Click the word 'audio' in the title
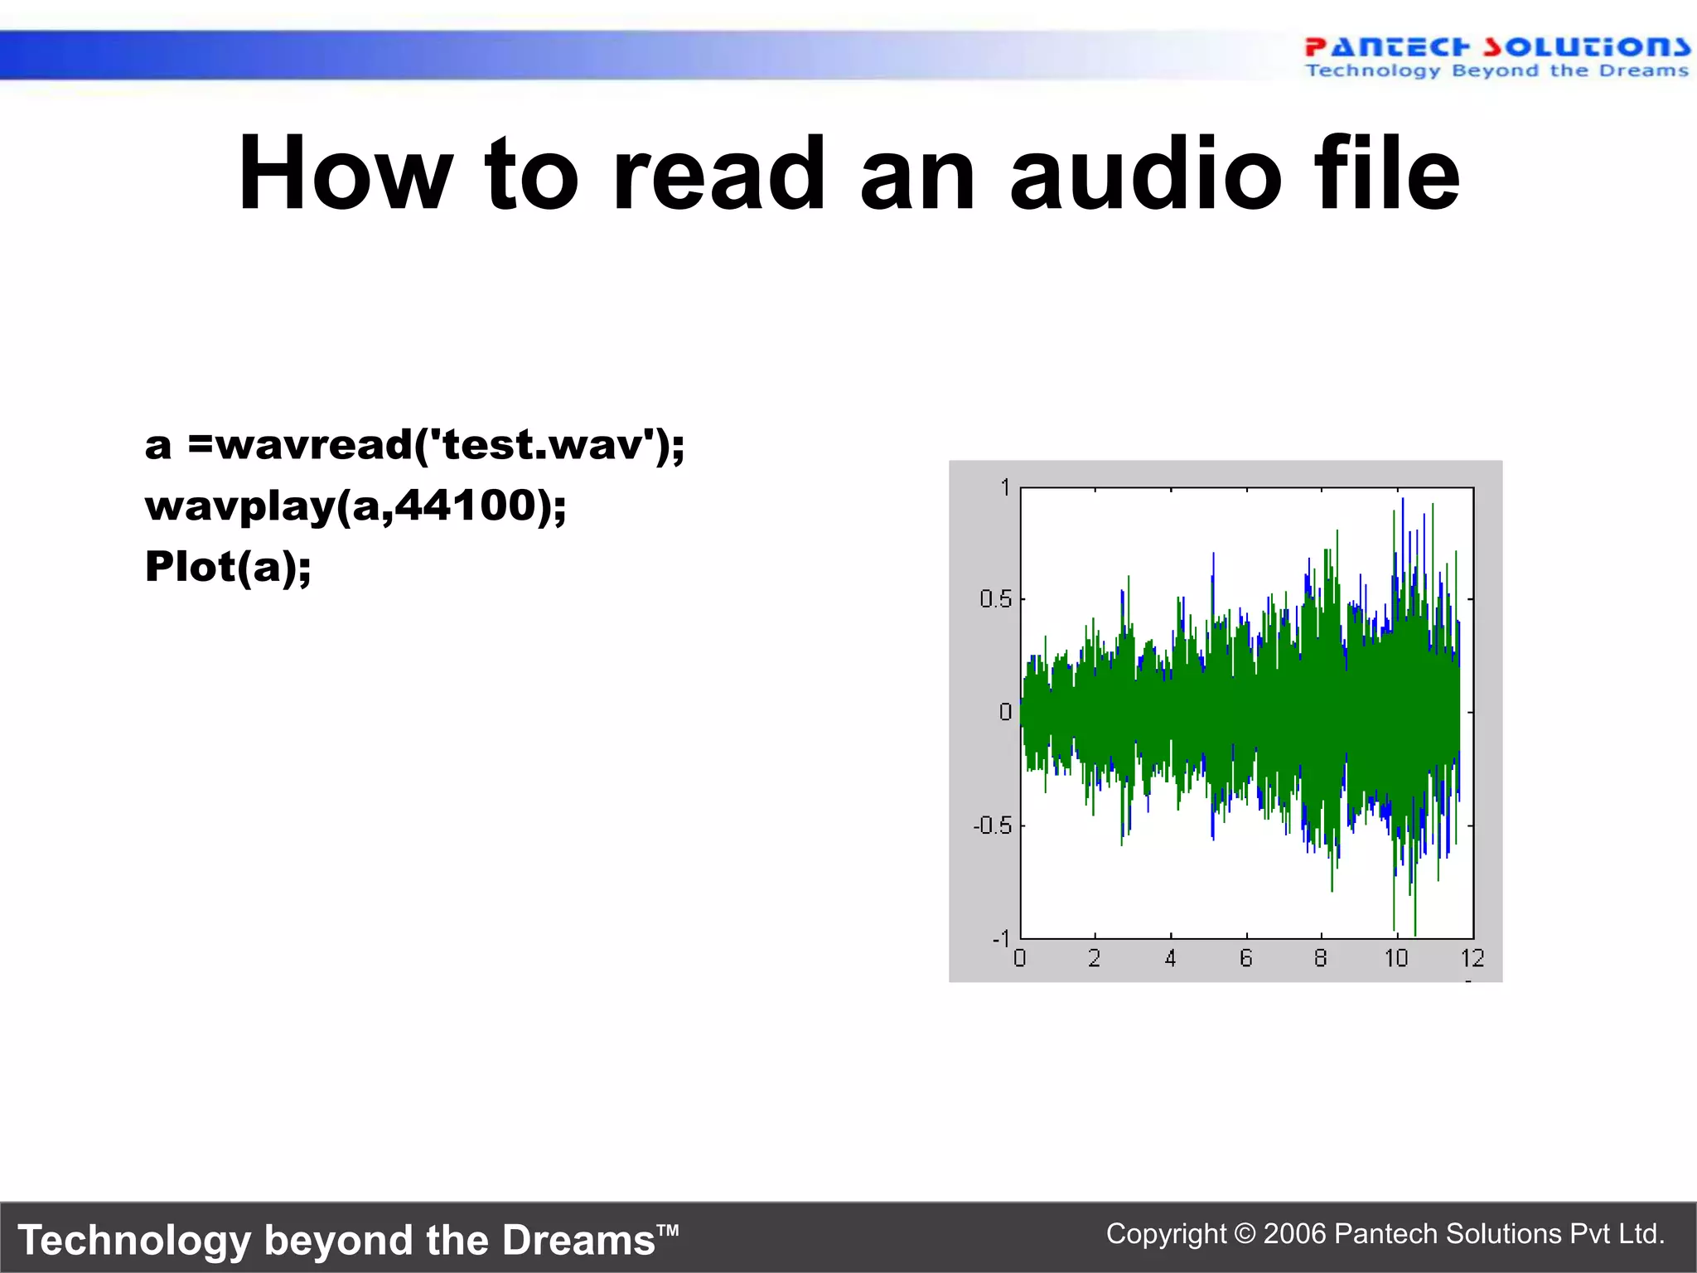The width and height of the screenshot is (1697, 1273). (x=1145, y=176)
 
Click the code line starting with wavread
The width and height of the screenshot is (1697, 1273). (x=414, y=446)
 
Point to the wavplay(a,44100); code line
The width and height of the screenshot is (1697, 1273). (x=355, y=506)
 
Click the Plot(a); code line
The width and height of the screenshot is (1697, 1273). (x=228, y=567)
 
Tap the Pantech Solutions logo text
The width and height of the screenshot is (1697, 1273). (x=1496, y=46)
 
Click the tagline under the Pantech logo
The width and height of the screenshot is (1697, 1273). (x=1496, y=71)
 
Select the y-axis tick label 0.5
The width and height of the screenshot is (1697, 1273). (x=995, y=598)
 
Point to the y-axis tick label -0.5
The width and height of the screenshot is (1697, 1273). (x=993, y=825)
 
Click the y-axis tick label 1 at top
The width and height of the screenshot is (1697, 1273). (x=1005, y=487)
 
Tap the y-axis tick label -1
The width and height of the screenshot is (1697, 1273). (x=1001, y=938)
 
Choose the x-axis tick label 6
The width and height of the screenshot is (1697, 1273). (x=1245, y=959)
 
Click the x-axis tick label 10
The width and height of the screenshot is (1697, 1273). (x=1396, y=959)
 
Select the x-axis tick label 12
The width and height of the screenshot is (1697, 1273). (x=1472, y=959)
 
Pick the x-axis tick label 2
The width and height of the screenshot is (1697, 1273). (x=1095, y=959)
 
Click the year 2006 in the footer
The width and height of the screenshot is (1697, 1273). (x=1294, y=1234)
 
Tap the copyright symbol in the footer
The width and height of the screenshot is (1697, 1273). (x=1245, y=1234)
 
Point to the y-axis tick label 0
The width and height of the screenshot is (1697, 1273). (x=1005, y=712)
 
